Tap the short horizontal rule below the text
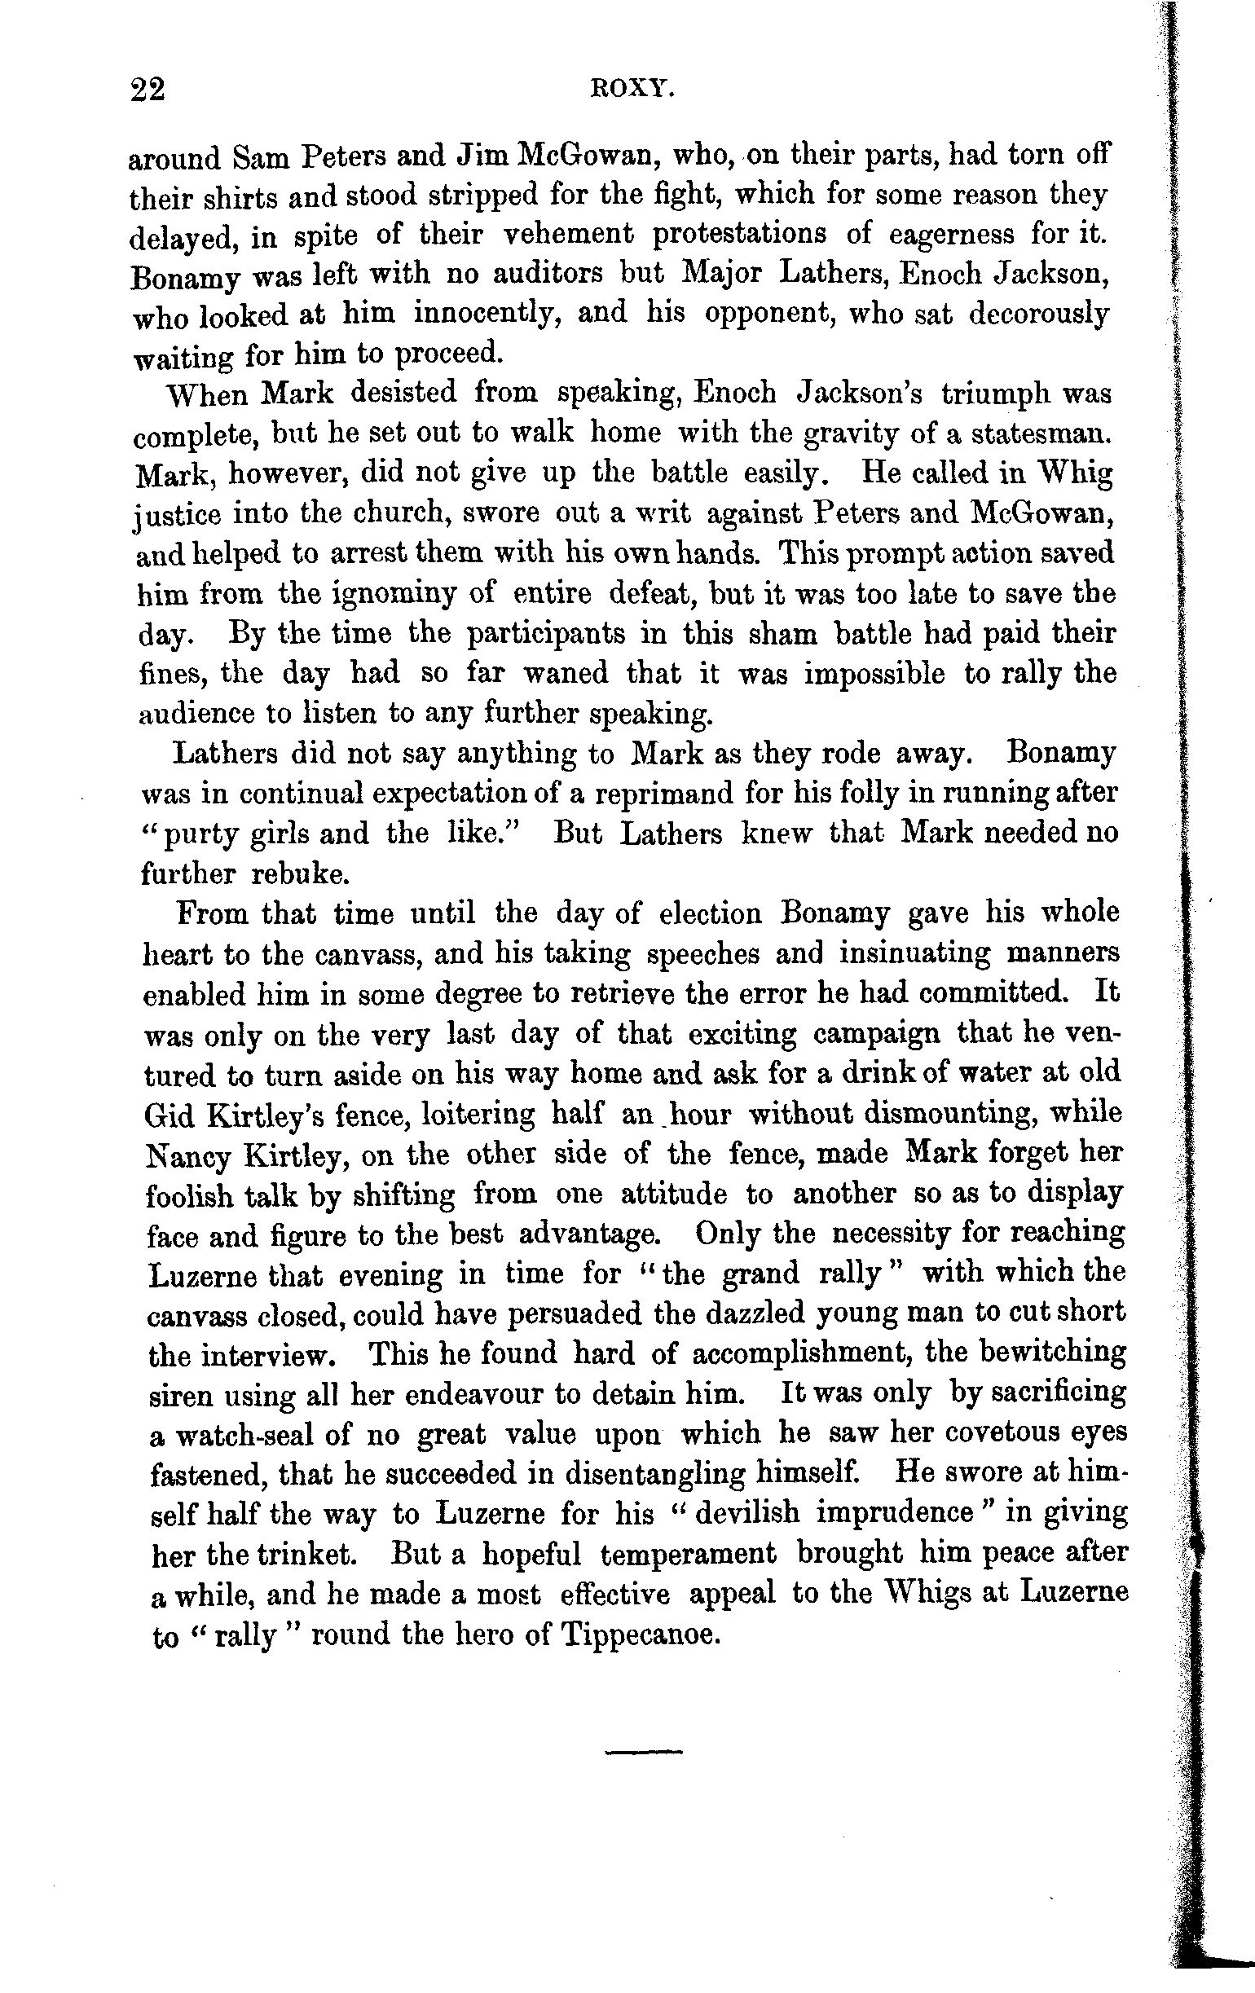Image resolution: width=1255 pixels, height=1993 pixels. tap(645, 1751)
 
